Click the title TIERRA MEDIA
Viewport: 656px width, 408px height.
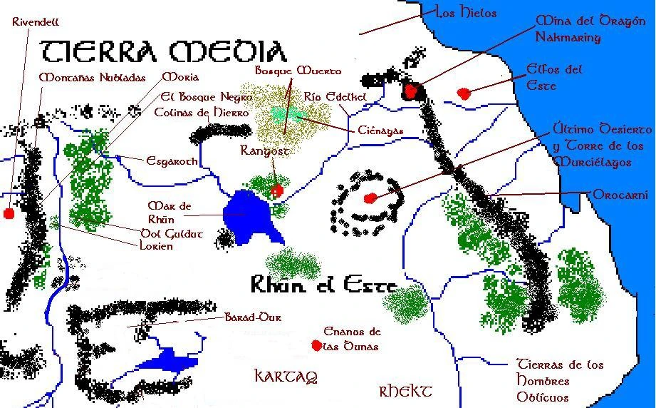pos(163,51)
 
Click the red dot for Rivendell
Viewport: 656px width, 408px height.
pos(9,213)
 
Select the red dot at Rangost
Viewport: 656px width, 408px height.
pos(278,190)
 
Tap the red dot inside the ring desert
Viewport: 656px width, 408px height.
pos(369,198)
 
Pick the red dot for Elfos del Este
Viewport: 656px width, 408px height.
pos(464,93)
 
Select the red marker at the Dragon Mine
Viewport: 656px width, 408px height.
pos(411,91)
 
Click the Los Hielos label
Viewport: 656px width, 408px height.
pos(466,13)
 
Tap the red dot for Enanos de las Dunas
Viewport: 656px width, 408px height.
pos(316,345)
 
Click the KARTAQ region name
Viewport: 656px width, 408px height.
pos(285,376)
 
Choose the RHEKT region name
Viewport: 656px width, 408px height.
pos(405,391)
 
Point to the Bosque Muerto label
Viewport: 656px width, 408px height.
pos(298,71)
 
